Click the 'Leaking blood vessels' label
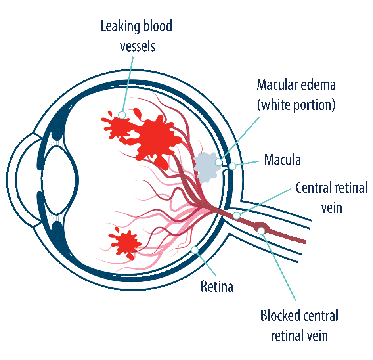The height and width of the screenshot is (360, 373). (x=136, y=36)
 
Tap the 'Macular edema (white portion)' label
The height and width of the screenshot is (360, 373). (x=296, y=95)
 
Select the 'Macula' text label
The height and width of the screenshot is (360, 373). (x=283, y=160)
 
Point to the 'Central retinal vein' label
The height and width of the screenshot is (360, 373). (x=332, y=197)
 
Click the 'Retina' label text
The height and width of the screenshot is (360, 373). (x=217, y=286)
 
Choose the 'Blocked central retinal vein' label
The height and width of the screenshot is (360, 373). (x=299, y=325)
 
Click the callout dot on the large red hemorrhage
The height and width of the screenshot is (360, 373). (x=122, y=115)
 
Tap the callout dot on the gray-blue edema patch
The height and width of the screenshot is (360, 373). (x=218, y=162)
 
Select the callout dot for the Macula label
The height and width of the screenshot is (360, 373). (x=232, y=166)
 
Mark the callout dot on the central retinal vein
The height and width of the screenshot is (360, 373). (x=236, y=216)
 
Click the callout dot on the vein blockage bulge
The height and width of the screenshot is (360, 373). (x=261, y=231)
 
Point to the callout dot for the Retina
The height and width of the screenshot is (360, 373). (x=195, y=250)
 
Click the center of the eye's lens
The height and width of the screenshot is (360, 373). (x=60, y=180)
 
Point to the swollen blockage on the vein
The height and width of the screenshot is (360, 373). (x=261, y=228)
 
